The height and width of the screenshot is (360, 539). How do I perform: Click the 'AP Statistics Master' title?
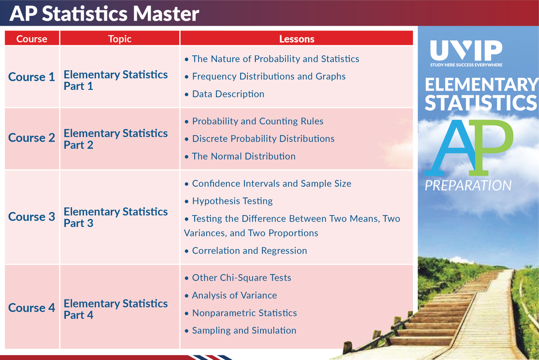tap(104, 13)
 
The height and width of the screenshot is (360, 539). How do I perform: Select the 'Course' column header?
tap(32, 39)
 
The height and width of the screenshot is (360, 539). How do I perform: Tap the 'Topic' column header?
tap(119, 39)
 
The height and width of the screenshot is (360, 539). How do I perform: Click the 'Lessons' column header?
tap(297, 39)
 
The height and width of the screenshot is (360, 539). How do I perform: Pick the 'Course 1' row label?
tap(32, 77)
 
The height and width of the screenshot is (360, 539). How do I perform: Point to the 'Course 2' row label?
tap(32, 137)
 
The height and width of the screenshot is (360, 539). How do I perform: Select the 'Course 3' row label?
tap(32, 217)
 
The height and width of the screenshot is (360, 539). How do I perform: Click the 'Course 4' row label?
tap(32, 308)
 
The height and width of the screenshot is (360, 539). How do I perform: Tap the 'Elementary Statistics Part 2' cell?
tap(115, 139)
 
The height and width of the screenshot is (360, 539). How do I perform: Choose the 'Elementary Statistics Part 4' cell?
tap(115, 309)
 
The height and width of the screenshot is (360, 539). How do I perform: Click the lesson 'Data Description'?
tap(228, 94)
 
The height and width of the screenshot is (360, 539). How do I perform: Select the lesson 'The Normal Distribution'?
tap(244, 156)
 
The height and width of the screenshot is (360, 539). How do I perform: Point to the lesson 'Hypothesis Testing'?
tap(232, 201)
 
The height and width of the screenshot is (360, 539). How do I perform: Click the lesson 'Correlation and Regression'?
tap(249, 251)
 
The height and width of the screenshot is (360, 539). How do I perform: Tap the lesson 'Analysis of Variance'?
tap(234, 295)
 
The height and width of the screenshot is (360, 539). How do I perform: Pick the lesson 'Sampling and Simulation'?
tap(244, 331)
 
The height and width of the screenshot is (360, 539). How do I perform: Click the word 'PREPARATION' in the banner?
tap(468, 186)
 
